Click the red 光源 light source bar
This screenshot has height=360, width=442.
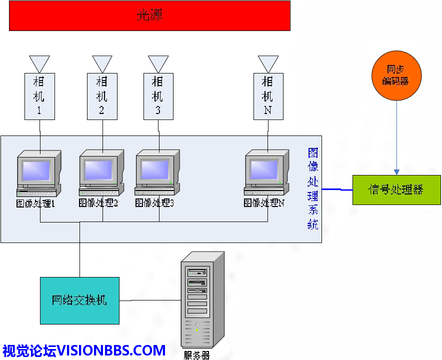149,15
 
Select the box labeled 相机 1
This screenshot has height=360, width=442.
39,96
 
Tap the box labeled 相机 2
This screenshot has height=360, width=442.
101,96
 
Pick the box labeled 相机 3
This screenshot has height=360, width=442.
158,96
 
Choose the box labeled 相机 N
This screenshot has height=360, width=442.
267,96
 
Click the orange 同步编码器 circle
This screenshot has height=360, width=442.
396,75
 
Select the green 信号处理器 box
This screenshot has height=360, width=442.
396,190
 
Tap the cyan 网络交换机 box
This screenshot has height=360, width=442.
79,300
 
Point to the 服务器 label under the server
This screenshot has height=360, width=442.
196,355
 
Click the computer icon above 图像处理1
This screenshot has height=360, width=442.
38,172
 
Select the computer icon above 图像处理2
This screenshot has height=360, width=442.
101,172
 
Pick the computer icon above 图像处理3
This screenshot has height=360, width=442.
157,172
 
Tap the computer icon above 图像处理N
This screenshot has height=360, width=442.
266,172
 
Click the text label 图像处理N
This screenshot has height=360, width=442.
264,203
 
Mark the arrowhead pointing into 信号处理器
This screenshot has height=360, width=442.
396,172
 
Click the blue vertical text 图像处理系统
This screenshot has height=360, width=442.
313,189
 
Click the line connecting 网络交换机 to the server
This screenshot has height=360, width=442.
150,300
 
